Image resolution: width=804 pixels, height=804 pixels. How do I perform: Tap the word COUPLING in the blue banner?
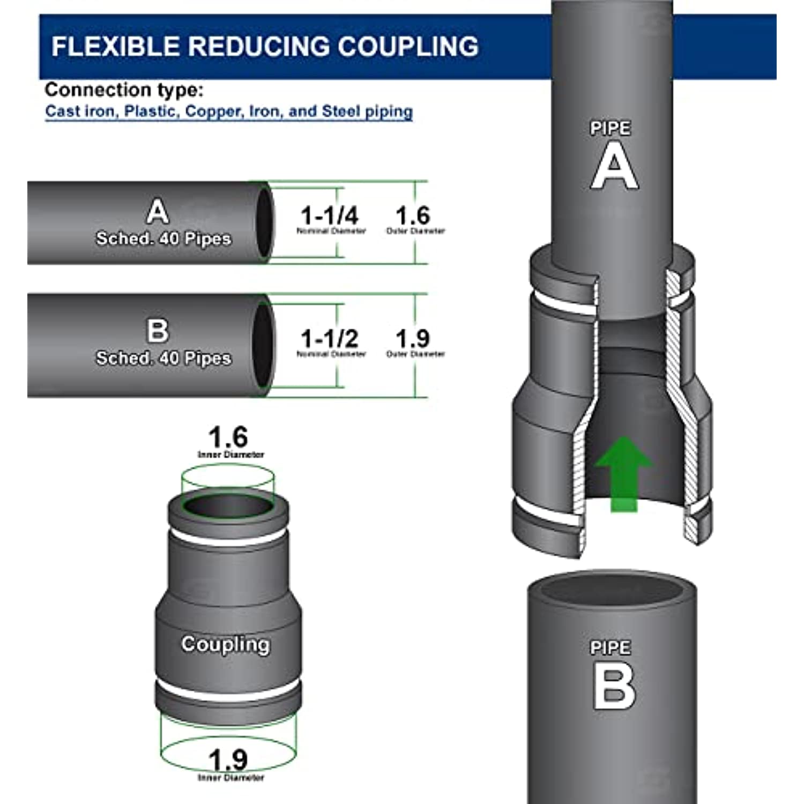tap(408, 47)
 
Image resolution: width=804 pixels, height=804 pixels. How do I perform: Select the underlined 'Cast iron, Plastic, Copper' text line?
tap(229, 111)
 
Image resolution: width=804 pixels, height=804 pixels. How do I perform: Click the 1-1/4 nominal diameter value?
tap(329, 215)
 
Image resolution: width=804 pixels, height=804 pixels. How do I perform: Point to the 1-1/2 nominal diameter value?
tap(329, 339)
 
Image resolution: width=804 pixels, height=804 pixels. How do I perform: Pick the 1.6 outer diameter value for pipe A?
tap(413, 215)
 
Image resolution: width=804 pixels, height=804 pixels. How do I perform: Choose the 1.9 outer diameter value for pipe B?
tap(413, 339)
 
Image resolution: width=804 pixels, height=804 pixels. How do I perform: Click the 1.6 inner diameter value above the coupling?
tap(228, 437)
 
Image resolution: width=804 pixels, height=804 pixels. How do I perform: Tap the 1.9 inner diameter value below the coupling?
tap(228, 760)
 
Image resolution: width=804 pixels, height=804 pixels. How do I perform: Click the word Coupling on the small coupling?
tap(225, 644)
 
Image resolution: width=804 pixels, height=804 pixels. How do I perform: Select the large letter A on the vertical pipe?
tap(614, 167)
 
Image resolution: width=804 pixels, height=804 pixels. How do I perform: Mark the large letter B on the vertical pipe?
tap(614, 687)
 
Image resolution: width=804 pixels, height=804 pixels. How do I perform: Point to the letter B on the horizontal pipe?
tap(158, 331)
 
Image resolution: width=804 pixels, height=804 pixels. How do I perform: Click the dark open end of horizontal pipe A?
tap(264, 222)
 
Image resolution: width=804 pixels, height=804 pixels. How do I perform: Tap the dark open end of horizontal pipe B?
tap(263, 345)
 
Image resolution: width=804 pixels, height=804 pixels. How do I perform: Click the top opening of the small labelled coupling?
tap(228, 505)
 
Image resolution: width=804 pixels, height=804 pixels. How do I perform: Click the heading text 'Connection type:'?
tap(124, 90)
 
